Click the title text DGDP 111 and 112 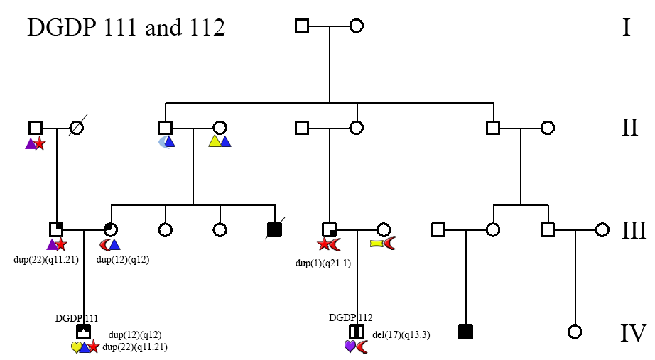coord(126,28)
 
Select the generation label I coord(626,28)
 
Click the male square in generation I coord(302,26)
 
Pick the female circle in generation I coord(357,26)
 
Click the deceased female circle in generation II coord(77,128)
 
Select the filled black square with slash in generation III coord(274,229)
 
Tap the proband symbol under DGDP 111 coord(83,332)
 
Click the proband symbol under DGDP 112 coord(356,332)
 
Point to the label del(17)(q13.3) coord(401,334)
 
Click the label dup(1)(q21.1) coord(323,263)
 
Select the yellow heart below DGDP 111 coord(76,347)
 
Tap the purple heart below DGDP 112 coord(350,347)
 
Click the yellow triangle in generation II coord(215,141)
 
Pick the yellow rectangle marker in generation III coord(377,244)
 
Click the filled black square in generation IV coord(465,332)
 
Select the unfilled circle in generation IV coord(575,332)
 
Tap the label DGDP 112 coord(351,317)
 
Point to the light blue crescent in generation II coord(163,142)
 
